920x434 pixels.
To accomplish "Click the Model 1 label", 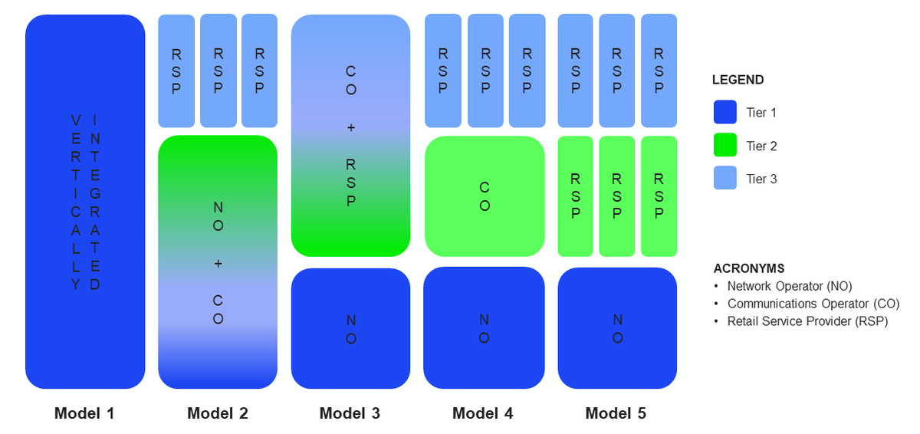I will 84,413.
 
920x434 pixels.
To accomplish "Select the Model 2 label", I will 218,413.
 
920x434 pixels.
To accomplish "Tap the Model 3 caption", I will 350,413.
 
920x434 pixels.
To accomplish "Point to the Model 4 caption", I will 483,413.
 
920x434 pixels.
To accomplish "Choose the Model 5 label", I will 616,413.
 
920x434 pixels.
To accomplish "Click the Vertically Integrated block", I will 85,202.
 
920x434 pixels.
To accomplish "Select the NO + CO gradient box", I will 218,262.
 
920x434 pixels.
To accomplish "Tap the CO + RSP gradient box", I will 350,135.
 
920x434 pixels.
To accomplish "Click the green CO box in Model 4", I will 485,196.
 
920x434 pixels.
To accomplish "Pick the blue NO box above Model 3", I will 350,328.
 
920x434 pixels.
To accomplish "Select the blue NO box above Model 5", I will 617,328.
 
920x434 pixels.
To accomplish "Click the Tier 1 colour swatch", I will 724,113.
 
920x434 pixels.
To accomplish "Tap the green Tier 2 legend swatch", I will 724,146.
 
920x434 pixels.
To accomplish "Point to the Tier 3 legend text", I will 761,179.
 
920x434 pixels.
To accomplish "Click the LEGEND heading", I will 738,80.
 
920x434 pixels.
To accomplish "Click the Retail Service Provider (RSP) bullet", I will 807,321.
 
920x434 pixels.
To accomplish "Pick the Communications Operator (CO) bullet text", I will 813,304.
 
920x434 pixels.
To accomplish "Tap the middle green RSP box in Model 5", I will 617,196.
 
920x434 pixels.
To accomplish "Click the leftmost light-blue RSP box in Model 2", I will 176,71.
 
